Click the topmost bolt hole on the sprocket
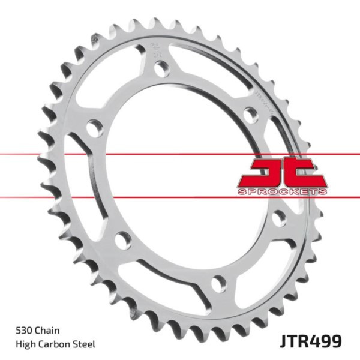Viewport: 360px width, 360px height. coord(160,68)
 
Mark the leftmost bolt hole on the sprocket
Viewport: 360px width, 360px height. coord(93,127)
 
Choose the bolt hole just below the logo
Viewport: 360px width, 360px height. coord(279,217)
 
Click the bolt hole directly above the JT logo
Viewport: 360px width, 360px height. coord(250,114)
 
